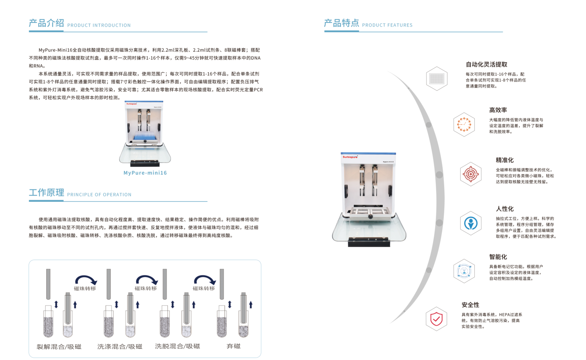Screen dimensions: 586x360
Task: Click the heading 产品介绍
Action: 46,23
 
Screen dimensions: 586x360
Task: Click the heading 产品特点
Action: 341,23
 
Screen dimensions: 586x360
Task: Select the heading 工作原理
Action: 46,192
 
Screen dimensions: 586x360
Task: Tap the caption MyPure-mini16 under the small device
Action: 145,173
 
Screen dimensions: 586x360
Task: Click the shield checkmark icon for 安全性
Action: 436,319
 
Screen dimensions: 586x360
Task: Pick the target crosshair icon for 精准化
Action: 471,174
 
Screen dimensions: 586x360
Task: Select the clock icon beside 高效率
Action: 464,124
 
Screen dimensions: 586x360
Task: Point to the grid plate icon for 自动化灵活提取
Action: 437,78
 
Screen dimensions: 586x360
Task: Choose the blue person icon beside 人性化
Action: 471,223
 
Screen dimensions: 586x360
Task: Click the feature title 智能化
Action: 498,257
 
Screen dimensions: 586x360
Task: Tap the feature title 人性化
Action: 504,209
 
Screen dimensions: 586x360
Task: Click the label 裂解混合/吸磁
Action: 59,347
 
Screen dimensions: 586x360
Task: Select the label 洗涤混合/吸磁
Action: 120,347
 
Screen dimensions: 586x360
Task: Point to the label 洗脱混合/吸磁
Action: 178,346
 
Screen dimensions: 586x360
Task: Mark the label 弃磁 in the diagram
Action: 233,346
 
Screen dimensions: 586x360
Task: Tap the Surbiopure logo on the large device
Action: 350,157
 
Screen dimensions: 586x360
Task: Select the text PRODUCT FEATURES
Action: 387,25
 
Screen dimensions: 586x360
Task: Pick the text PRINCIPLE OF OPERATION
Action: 99,195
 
